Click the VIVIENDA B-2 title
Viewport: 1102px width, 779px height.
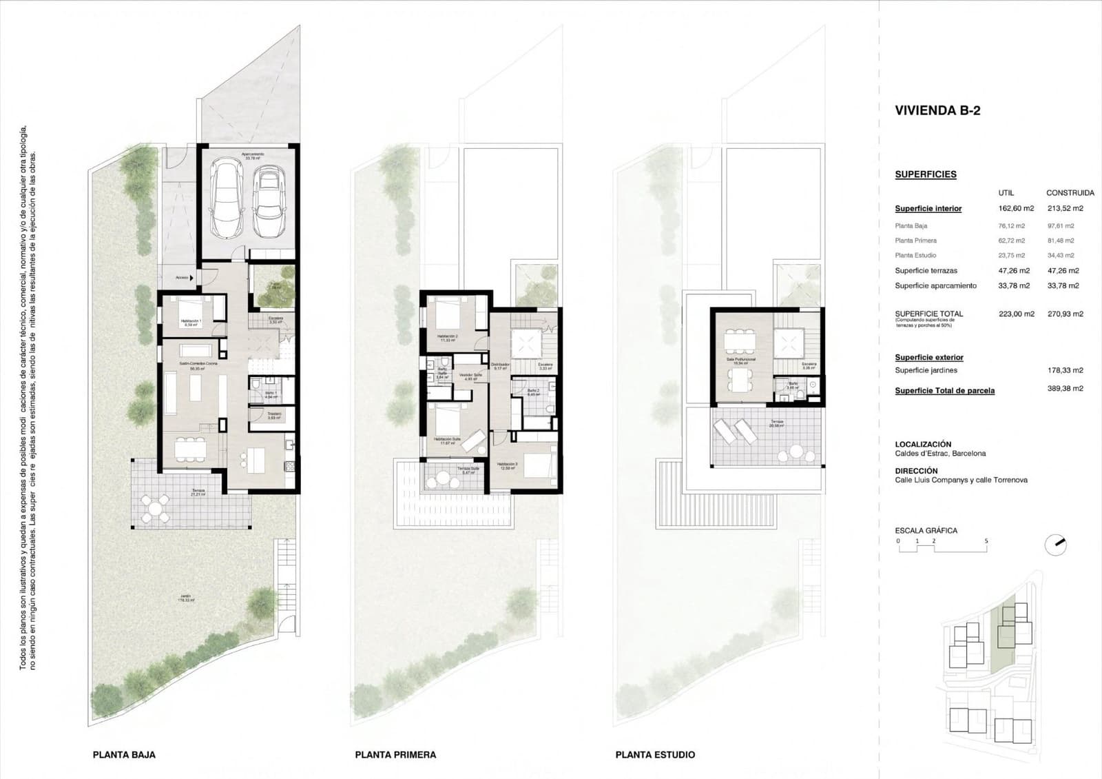click(937, 110)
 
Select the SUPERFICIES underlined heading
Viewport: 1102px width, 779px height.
click(925, 174)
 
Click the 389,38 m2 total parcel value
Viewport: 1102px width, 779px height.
click(1065, 389)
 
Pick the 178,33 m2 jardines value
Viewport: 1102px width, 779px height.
click(1065, 370)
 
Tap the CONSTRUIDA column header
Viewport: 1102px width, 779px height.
click(1070, 193)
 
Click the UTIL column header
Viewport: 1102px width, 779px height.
click(1006, 193)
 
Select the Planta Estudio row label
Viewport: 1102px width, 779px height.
click(915, 256)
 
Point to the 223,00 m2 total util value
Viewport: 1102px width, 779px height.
click(1016, 314)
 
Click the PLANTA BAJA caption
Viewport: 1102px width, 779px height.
click(124, 755)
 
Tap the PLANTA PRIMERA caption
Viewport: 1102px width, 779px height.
click(395, 755)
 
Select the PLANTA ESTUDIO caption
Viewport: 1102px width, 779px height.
click(655, 755)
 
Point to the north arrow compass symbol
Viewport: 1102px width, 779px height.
click(1055, 545)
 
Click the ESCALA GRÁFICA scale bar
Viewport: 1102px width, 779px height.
click(942, 542)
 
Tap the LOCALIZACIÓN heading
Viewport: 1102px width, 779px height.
click(923, 445)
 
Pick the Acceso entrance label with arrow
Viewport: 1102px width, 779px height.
click(185, 278)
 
